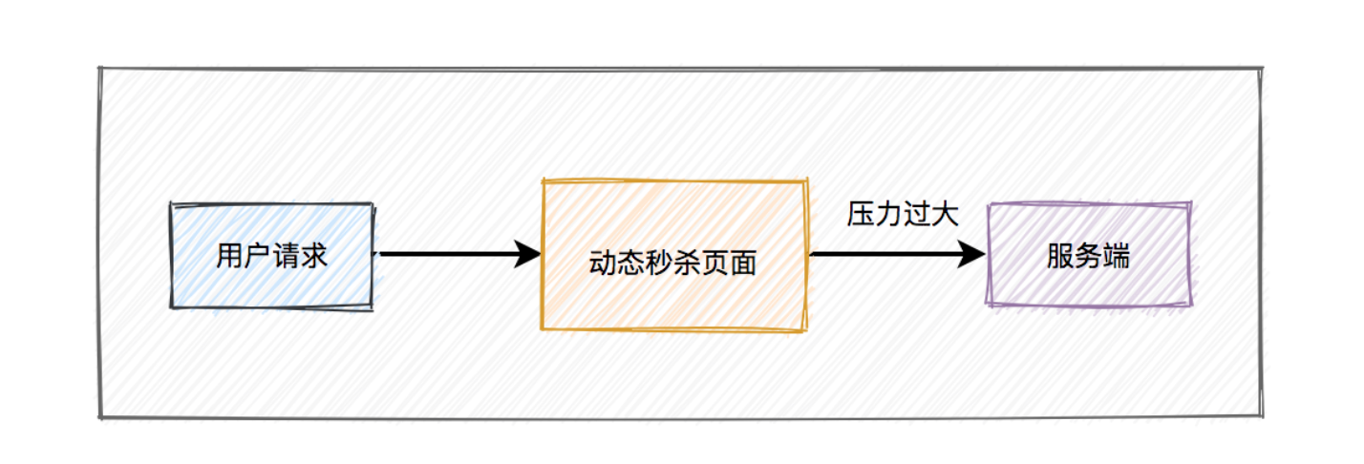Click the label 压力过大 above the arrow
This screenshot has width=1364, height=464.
pyautogui.click(x=903, y=214)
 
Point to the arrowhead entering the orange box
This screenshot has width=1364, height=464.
pyautogui.click(x=527, y=254)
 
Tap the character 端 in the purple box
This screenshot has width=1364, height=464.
pyautogui.click(x=1117, y=256)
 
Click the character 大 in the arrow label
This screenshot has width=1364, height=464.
pyautogui.click(x=945, y=214)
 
